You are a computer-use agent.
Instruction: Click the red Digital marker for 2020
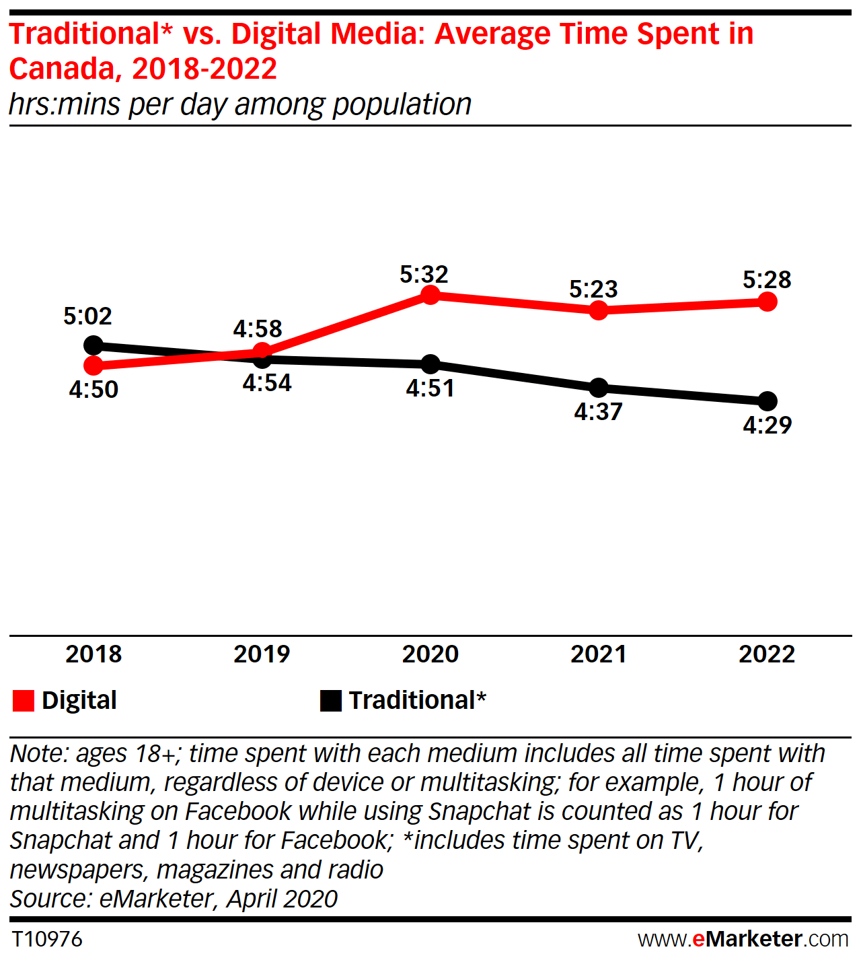pos(430,296)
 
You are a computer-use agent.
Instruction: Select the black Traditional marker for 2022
pos(767,401)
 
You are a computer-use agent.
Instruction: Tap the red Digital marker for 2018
pos(93,366)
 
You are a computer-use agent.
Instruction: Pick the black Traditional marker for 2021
pos(598,388)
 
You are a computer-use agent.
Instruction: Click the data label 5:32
pos(424,275)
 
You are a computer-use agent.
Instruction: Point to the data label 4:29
pos(767,425)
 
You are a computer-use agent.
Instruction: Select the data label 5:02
pos(87,316)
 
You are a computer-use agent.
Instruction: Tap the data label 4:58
pos(257,329)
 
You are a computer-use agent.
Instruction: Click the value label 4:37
pos(598,412)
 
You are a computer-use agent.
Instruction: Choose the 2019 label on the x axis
pos(262,654)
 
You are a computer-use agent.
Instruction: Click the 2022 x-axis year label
pos(767,654)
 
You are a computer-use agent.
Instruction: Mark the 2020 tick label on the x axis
pos(430,654)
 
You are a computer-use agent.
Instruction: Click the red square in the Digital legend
pos(24,701)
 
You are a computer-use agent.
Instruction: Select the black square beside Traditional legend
pos(331,701)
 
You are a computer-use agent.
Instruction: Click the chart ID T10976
pos(47,938)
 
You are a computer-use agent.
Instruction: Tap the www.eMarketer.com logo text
pos(743,938)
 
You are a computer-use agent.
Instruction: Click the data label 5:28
pos(767,279)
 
